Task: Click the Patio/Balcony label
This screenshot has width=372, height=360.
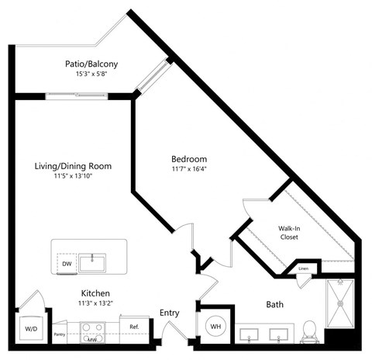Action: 97,64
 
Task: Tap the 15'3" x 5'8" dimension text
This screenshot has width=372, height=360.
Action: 97,75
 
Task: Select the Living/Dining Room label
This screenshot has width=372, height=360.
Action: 74,166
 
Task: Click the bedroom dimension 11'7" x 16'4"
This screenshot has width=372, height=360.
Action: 188,168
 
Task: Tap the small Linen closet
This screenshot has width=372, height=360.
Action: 303,269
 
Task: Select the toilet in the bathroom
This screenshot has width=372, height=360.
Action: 309,331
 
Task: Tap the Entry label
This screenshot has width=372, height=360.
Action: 169,313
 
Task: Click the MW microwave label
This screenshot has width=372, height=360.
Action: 93,339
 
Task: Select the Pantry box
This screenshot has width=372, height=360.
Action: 60,334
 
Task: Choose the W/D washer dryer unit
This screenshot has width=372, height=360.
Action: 31,329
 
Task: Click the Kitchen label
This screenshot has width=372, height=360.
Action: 98,293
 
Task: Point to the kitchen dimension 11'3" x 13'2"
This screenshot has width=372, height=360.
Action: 98,304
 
